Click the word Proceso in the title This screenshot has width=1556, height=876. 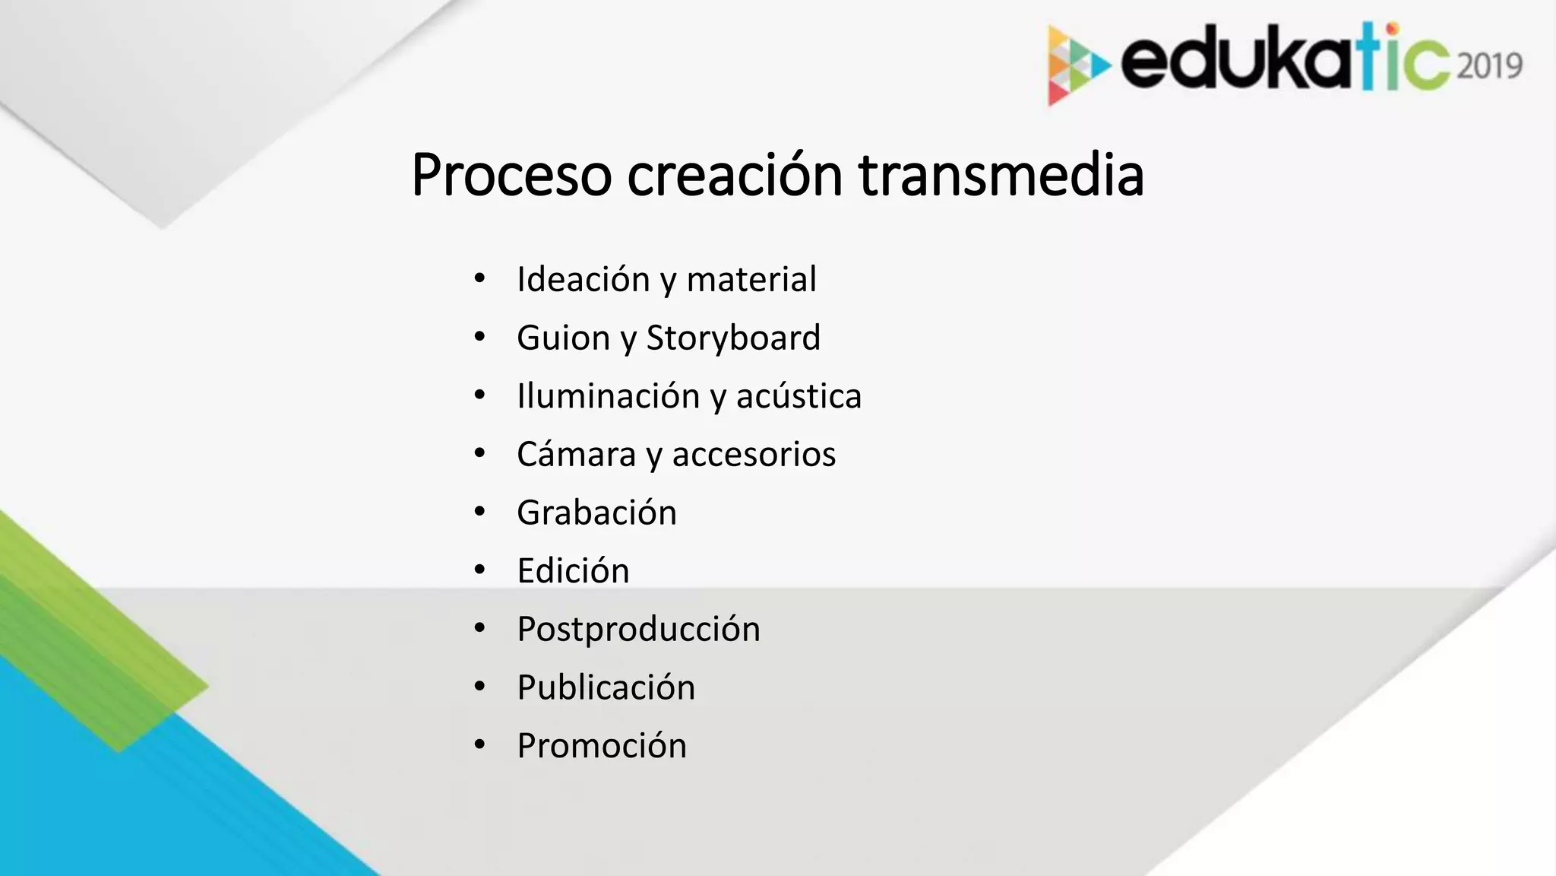pos(511,176)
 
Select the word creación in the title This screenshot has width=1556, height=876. pos(734,176)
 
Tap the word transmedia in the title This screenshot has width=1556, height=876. pos(1001,176)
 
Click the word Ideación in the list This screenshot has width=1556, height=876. pos(583,279)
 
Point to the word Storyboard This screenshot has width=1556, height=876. pos(733,338)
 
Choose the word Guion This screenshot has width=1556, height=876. pos(563,338)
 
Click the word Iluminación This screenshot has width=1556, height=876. pos(608,396)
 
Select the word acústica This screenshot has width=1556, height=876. pos(799,396)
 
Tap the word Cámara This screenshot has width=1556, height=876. pos(576,455)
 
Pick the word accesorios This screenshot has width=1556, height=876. pos(754,455)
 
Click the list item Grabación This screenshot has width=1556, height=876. pos(596,513)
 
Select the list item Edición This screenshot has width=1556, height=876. pos(573,571)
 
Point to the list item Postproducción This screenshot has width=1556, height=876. pos(638,630)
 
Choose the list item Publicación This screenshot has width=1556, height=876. pos(606,687)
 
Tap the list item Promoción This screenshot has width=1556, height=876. pos(602,746)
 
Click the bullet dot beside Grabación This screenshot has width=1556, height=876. pos(479,512)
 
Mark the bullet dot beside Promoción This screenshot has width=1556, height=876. pos(479,745)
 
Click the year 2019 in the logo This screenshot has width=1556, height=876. pos(1490,66)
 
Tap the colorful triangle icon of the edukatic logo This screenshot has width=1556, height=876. pos(1076,65)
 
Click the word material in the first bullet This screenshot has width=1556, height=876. pos(751,279)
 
